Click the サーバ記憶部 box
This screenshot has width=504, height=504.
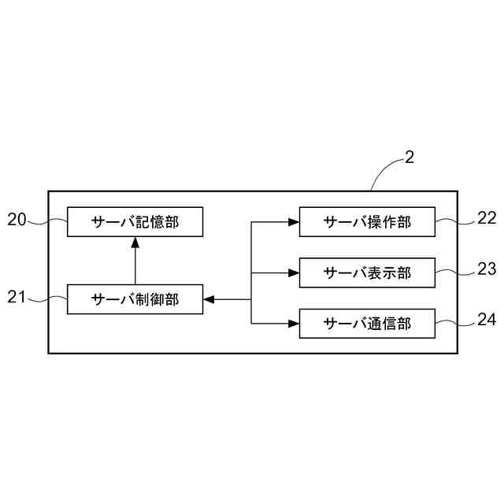[135, 222]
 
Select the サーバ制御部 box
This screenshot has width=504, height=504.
[135, 298]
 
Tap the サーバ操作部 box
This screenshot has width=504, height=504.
[367, 222]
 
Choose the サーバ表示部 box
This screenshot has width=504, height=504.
[367, 272]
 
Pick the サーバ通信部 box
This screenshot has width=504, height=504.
[367, 323]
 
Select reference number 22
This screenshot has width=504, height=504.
[487, 219]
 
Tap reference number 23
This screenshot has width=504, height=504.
[487, 269]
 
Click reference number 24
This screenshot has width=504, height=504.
[487, 320]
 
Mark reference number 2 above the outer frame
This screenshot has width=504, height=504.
[409, 157]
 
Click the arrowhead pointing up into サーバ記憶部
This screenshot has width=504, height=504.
[135, 241]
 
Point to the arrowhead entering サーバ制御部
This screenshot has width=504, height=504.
[209, 298]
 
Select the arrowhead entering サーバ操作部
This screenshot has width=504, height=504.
[294, 222]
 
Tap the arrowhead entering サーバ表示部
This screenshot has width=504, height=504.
[294, 272]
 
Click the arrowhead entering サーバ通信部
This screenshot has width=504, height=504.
[294, 323]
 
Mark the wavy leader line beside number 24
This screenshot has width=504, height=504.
[455, 322]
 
